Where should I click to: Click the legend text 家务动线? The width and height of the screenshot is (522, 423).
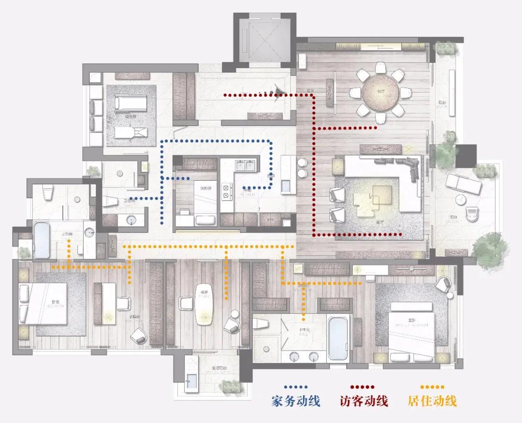[296, 401]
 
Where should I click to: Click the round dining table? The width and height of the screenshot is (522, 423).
[381, 92]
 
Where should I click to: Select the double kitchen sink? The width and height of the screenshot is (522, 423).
[245, 165]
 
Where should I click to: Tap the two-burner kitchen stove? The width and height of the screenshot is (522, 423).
[226, 191]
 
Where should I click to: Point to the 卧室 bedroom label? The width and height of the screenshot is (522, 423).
[56, 303]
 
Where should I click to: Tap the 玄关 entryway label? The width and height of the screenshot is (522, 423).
[304, 89]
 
